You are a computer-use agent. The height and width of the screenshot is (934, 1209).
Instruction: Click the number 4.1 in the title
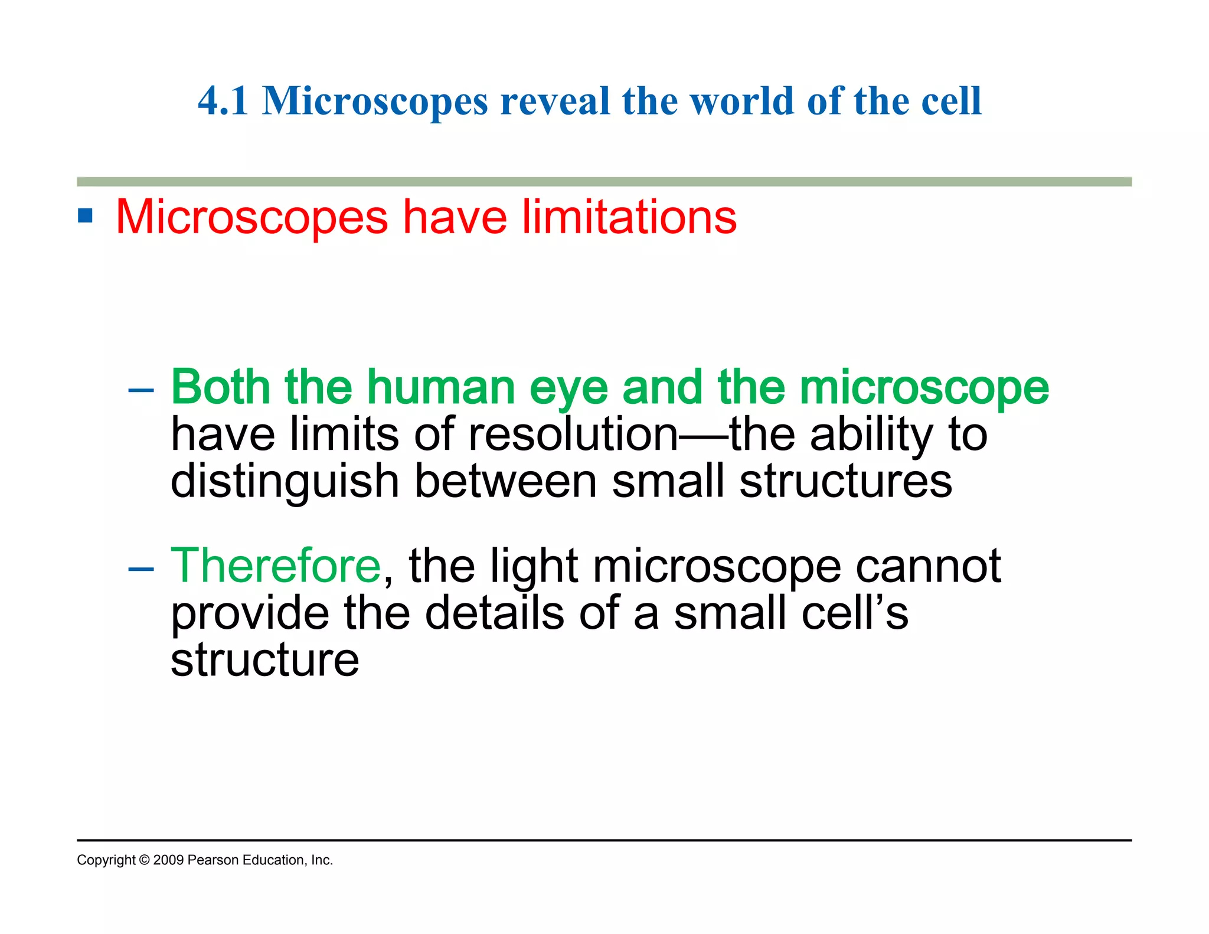tap(223, 101)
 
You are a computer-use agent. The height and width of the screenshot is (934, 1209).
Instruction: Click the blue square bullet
tap(86, 216)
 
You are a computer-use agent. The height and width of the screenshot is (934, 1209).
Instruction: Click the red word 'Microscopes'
tap(251, 217)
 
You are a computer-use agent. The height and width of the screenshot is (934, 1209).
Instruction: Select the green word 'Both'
tap(220, 387)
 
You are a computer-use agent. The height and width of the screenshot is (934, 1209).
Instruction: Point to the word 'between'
tap(505, 481)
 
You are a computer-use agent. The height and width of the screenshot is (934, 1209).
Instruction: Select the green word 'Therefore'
tap(276, 566)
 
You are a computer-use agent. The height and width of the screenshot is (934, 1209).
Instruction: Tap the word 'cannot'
tap(928, 566)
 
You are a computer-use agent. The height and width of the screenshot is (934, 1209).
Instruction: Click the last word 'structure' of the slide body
tap(264, 660)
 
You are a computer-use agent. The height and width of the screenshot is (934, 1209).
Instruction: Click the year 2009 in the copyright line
tap(168, 860)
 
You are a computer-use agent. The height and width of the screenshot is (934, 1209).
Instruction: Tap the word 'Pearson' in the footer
tap(213, 860)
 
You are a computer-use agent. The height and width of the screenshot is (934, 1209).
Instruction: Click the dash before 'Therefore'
tap(141, 568)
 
